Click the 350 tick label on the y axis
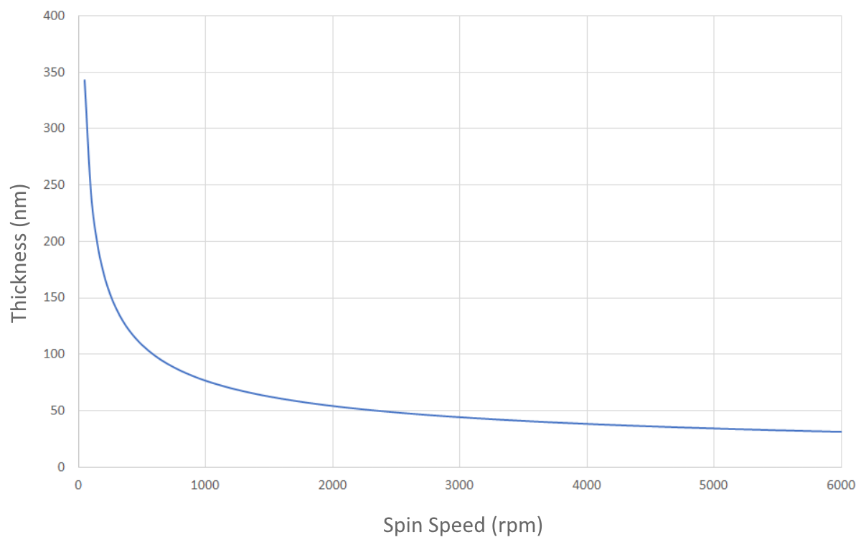pyautogui.click(x=56, y=73)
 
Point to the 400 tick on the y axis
pyautogui.click(x=56, y=16)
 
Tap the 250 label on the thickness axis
pyautogui.click(x=56, y=185)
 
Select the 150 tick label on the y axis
pyautogui.click(x=56, y=298)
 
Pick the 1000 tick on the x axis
pyautogui.click(x=205, y=485)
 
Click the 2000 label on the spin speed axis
pyautogui.click(x=332, y=485)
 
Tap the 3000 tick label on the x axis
pyautogui.click(x=459, y=485)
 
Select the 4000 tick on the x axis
pyautogui.click(x=587, y=485)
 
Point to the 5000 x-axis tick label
pyautogui.click(x=714, y=485)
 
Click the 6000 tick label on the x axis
pyautogui.click(x=840, y=485)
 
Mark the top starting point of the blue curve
pyautogui.click(x=85, y=80)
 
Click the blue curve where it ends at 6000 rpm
pyautogui.click(x=840, y=432)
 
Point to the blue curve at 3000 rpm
pyautogui.click(x=459, y=417)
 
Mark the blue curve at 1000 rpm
pyautogui.click(x=205, y=381)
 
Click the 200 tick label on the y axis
pyautogui.click(x=56, y=242)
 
